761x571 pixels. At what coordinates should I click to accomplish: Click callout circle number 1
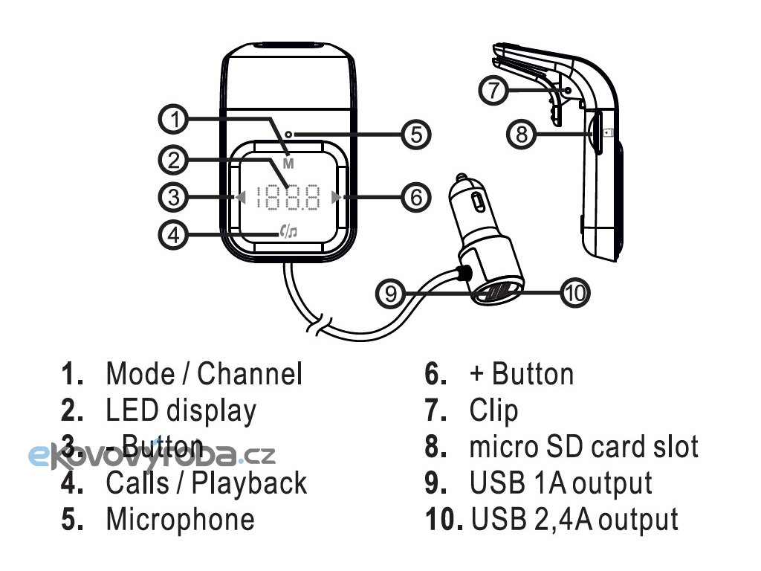pos(173,119)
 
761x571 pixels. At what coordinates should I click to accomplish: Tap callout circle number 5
pos(417,135)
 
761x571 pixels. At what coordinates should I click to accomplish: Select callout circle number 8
pos(522,135)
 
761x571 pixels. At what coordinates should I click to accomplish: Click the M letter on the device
pos(288,163)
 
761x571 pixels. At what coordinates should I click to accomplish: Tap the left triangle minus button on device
pos(240,197)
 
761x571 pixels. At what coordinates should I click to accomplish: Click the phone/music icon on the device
pos(288,232)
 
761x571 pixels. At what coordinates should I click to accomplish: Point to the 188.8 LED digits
pos(288,198)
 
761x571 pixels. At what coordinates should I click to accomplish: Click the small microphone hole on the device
pos(294,135)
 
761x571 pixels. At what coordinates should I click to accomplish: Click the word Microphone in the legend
pos(180,519)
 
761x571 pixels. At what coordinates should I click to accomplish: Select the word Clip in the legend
pos(493,410)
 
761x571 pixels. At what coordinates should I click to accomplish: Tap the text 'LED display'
pos(181,410)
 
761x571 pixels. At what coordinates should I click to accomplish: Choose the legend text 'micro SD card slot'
pos(583,446)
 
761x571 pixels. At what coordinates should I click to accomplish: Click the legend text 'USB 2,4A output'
pos(574,519)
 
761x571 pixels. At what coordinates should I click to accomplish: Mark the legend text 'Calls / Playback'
pos(206,483)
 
